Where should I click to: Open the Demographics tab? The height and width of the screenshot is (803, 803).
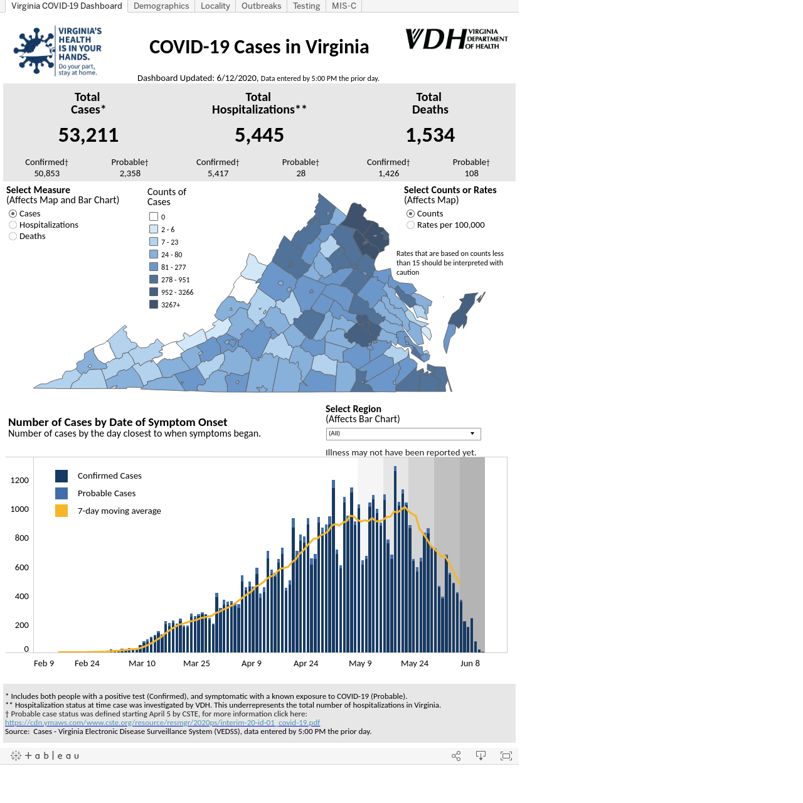tap(161, 6)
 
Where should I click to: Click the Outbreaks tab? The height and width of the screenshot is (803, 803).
tap(261, 6)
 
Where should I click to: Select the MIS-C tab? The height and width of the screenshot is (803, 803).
tap(343, 6)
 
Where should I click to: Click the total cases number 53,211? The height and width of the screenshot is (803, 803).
tap(88, 135)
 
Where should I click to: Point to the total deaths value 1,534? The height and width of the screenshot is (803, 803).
tap(430, 135)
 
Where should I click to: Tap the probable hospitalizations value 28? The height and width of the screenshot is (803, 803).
tap(300, 173)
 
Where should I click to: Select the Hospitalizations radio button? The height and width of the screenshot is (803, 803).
tap(13, 225)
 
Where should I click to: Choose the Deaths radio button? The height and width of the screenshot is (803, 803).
tap(13, 237)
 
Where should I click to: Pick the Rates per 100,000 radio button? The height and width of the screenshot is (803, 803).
tap(410, 225)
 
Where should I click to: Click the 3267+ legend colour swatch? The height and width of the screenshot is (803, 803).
tap(154, 305)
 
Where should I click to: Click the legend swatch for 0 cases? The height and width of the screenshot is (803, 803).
tap(154, 216)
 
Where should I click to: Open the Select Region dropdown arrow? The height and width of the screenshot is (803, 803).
tap(472, 433)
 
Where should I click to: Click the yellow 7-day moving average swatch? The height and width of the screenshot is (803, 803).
tap(61, 511)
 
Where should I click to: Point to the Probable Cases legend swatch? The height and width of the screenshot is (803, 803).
tap(61, 493)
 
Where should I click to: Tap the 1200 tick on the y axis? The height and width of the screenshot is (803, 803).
tap(19, 481)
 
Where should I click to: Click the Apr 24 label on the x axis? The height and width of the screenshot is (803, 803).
tap(306, 663)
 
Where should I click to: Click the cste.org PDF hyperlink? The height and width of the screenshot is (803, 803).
tap(162, 723)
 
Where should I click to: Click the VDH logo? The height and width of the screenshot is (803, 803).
tap(456, 39)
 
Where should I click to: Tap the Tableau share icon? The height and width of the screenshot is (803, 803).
tap(456, 756)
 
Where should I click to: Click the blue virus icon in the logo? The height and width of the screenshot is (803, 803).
tap(34, 51)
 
